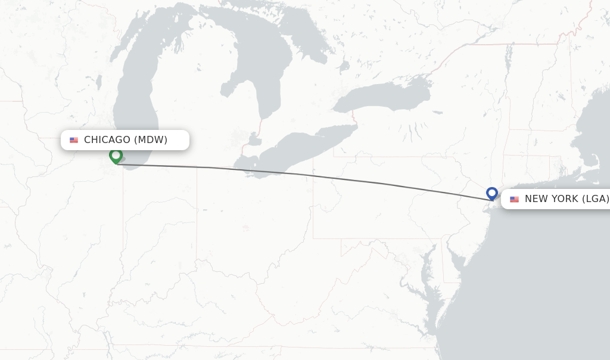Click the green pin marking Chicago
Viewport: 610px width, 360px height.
(116, 155)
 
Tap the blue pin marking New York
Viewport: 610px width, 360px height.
(491, 193)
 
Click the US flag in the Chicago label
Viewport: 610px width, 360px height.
(74, 140)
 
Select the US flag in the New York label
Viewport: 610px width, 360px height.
(514, 199)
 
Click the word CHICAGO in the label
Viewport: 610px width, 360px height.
(107, 140)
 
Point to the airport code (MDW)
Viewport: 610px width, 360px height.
(151, 140)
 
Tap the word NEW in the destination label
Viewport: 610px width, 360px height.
(536, 199)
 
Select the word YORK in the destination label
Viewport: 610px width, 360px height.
(565, 199)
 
